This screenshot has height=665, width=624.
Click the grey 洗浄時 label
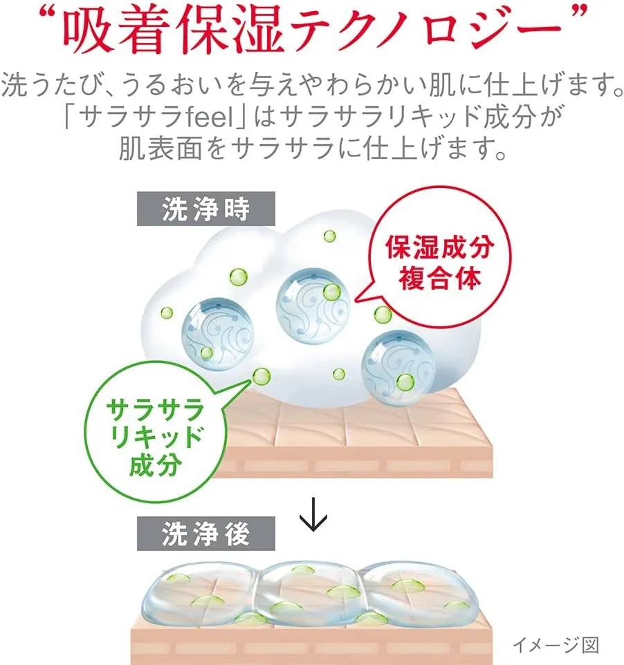pos(206,209)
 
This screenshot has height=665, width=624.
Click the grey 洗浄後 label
pos(206,534)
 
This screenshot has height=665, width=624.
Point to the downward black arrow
pos(313,514)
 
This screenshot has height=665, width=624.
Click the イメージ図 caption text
pos(556,645)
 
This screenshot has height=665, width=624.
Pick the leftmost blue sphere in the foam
pos(218,333)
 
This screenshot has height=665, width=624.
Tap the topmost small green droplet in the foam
pos(330,236)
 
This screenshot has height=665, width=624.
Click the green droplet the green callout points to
pos(261,377)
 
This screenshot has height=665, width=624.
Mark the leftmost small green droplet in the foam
pos(167,313)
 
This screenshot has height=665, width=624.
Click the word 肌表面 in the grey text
pos(160,149)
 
